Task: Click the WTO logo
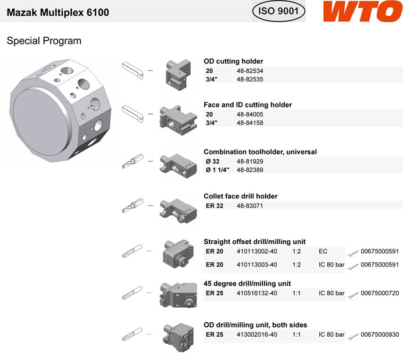[x=363, y=11]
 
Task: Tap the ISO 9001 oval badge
[x=279, y=11]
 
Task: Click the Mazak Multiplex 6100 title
[x=58, y=12]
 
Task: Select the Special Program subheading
[x=44, y=41]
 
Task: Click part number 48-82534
[x=249, y=70]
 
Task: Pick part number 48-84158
[x=249, y=123]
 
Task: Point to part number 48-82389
[x=249, y=170]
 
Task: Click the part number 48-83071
[x=249, y=206]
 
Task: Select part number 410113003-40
[x=257, y=265]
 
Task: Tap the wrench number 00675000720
[x=380, y=293]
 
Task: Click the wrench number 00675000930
[x=380, y=334]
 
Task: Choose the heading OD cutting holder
[x=233, y=61]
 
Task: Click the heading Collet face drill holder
[x=240, y=196]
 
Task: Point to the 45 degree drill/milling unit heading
[x=247, y=283]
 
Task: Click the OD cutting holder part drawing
[x=178, y=75]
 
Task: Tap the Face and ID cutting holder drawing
[x=178, y=120]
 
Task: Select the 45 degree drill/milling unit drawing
[x=178, y=295]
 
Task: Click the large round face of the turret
[x=41, y=122]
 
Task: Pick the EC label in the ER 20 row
[x=323, y=251]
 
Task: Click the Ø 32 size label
[x=213, y=162]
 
